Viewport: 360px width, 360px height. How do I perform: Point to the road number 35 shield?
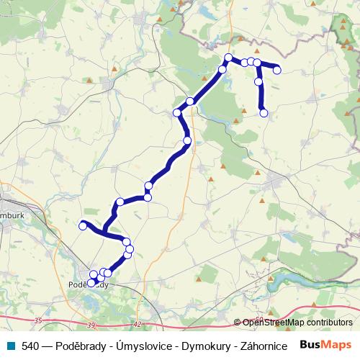[x=38, y=320]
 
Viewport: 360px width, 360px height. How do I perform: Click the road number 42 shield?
[x=138, y=324]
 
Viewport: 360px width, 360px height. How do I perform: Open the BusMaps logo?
[x=325, y=346]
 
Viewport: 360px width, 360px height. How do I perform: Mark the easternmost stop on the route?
[x=276, y=70]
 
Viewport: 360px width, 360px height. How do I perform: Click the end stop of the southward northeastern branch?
[x=264, y=112]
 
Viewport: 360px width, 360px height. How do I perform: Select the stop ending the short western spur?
[x=82, y=226]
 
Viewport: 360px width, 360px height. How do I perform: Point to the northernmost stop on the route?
[x=228, y=58]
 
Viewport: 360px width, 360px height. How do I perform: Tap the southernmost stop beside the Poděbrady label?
[x=91, y=282]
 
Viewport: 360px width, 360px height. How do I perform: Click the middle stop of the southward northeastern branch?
[x=258, y=82]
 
